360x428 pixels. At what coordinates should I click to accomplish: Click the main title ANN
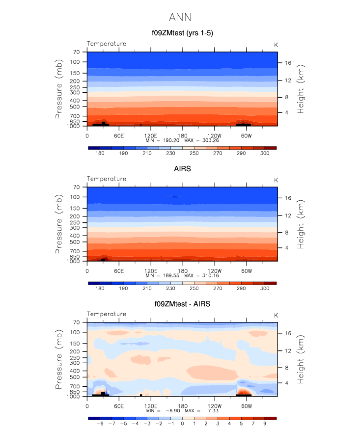(x=180, y=18)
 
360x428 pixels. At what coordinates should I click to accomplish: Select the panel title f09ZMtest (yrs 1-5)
(x=182, y=33)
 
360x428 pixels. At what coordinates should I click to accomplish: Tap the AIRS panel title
(x=182, y=169)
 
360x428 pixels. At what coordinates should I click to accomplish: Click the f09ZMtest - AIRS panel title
(x=182, y=304)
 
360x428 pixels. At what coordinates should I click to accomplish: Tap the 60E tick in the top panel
(x=118, y=135)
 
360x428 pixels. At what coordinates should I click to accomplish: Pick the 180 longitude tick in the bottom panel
(x=182, y=406)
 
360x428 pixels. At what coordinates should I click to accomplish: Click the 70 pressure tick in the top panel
(x=76, y=52)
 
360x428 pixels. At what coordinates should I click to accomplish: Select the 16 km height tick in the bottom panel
(x=288, y=333)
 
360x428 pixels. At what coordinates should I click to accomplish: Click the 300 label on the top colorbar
(x=264, y=154)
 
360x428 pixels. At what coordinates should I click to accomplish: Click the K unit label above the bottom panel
(x=276, y=315)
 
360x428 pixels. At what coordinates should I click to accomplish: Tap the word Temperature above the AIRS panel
(x=107, y=179)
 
